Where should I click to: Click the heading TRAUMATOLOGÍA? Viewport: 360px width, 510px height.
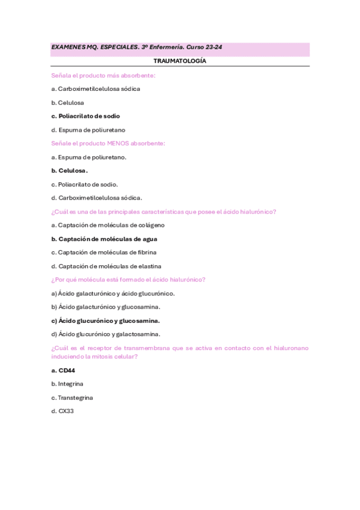click(x=180, y=61)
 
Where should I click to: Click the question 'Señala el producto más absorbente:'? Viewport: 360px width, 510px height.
click(x=103, y=75)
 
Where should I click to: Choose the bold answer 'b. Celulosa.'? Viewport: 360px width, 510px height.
click(x=70, y=170)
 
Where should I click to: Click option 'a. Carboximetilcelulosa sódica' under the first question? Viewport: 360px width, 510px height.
click(x=96, y=88)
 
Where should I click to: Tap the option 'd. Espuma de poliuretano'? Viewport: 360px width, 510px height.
click(x=88, y=129)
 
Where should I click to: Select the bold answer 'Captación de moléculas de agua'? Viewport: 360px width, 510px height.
click(x=105, y=239)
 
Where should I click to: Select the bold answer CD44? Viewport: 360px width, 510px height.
click(x=63, y=370)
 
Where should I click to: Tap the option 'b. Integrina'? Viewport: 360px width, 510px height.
click(x=67, y=383)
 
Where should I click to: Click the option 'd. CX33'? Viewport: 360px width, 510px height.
click(x=63, y=411)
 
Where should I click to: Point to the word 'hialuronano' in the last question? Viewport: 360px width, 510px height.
click(x=291, y=348)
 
